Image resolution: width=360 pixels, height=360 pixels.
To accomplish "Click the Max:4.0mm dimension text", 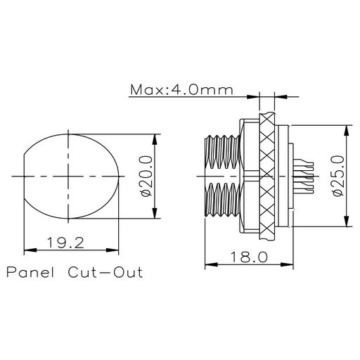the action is pyautogui.click(x=181, y=90).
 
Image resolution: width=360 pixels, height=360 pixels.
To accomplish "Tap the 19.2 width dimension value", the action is pyautogui.click(x=65, y=243).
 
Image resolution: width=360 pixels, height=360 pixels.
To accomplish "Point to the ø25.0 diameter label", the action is pyautogui.click(x=338, y=176).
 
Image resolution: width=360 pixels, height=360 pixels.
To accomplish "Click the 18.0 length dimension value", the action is pyautogui.click(x=249, y=257).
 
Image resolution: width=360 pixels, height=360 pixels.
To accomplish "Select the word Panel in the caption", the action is pyautogui.click(x=30, y=272).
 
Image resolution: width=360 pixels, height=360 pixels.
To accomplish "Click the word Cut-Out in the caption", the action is pyautogui.click(x=105, y=272).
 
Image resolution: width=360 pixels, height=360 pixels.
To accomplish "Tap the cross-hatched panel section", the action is pyautogui.click(x=267, y=176).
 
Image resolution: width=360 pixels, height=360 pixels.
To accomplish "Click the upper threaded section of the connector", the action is pyautogui.click(x=222, y=152).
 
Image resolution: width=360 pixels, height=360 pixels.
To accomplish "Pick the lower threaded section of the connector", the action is pyautogui.click(x=222, y=200).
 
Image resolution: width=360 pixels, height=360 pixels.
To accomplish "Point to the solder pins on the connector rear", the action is pyautogui.click(x=303, y=176).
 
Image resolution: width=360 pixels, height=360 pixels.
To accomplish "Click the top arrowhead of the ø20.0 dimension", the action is pyautogui.click(x=154, y=140).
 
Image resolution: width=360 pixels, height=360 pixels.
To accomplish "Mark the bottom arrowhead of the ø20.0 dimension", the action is pyautogui.click(x=154, y=212).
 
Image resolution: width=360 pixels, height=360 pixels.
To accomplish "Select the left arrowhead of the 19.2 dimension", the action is pyautogui.click(x=30, y=250).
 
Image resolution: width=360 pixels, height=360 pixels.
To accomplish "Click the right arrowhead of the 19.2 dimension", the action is pyautogui.click(x=112, y=250).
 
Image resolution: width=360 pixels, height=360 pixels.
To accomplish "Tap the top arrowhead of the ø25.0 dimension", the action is pyautogui.click(x=347, y=131).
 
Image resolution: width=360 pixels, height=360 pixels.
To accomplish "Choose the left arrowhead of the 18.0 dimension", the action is pyautogui.click(x=211, y=264).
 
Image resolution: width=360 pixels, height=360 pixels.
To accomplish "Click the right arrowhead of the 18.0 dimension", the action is pyautogui.click(x=287, y=264).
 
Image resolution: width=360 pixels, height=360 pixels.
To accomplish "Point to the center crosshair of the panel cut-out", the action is pyautogui.click(x=68, y=176).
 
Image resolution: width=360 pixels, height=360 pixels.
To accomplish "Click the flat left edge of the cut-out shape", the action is pyautogui.click(x=24, y=176).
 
